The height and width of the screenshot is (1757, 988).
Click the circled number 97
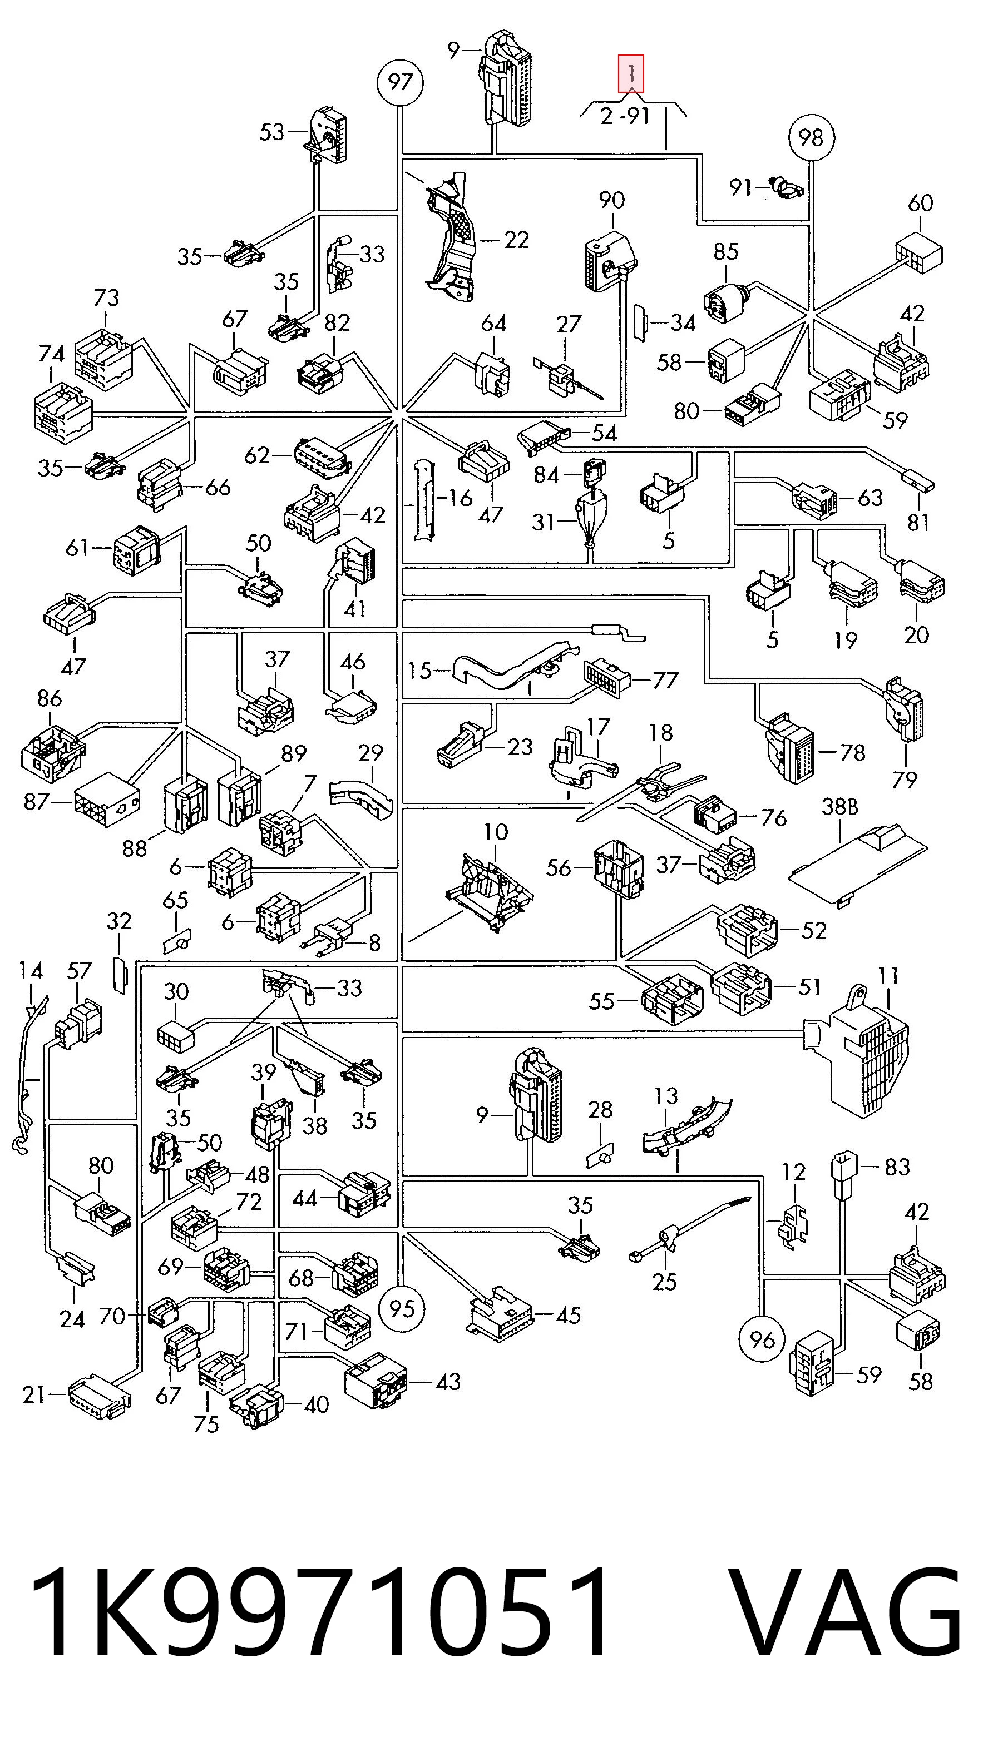pyautogui.click(x=400, y=82)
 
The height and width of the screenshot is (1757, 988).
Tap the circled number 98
pyautogui.click(x=811, y=138)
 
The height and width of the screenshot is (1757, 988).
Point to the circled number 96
pyautogui.click(x=762, y=1340)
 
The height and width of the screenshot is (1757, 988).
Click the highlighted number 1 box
pyautogui.click(x=631, y=73)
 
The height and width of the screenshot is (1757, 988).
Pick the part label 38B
pyautogui.click(x=839, y=807)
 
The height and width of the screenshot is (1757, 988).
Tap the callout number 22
pyautogui.click(x=516, y=240)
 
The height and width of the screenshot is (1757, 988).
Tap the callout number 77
pyautogui.click(x=665, y=680)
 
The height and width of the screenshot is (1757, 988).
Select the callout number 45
pyautogui.click(x=567, y=1314)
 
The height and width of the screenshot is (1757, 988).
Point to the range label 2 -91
pyautogui.click(x=624, y=116)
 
